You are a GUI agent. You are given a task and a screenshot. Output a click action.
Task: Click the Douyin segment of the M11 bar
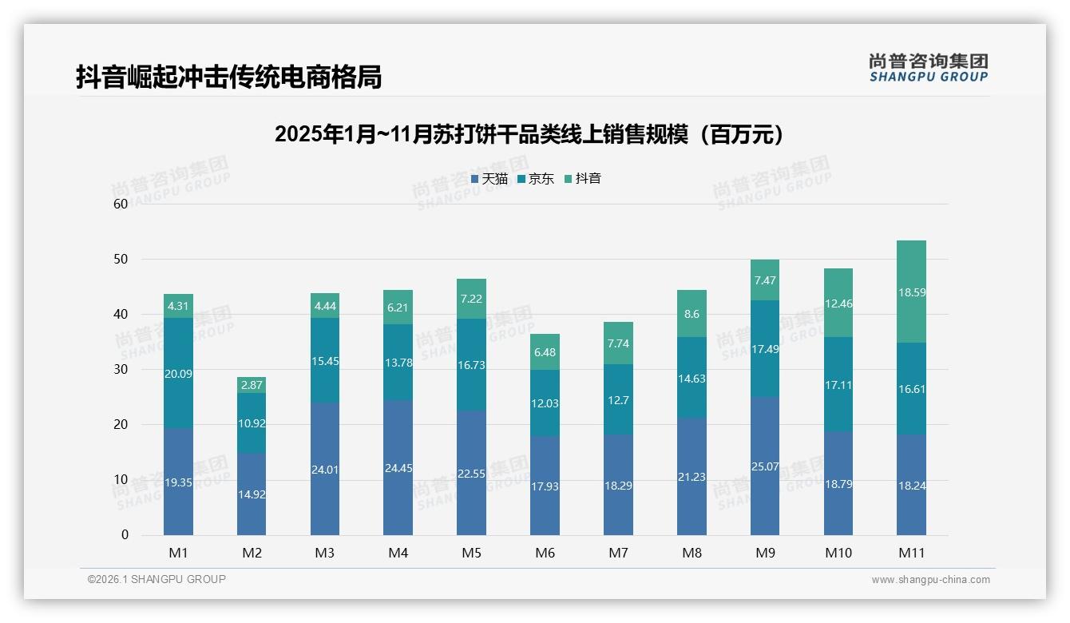(x=911, y=292)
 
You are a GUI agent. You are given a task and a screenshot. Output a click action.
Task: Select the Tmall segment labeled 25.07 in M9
(x=764, y=466)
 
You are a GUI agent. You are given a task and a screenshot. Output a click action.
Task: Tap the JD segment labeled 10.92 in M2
(x=252, y=423)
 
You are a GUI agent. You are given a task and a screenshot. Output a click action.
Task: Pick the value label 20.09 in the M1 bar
(x=178, y=374)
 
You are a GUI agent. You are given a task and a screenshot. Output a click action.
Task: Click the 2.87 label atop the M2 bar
(x=252, y=385)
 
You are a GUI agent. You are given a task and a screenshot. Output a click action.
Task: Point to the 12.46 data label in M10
(x=838, y=304)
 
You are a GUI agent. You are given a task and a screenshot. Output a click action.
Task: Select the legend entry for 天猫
(x=489, y=179)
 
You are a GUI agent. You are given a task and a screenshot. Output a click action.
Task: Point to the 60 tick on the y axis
(x=121, y=204)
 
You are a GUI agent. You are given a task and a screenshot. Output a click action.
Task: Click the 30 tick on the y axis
(x=121, y=369)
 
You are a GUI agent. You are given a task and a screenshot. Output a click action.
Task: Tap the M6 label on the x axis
(x=545, y=553)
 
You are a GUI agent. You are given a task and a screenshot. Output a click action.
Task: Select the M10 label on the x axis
(x=838, y=553)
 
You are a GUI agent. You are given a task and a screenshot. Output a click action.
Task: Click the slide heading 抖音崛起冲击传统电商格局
(x=228, y=77)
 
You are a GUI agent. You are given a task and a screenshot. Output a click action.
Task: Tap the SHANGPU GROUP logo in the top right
(x=928, y=68)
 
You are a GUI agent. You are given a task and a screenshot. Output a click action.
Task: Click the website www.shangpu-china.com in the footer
(x=930, y=580)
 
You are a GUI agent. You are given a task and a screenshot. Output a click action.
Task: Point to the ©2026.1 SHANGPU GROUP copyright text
(x=157, y=579)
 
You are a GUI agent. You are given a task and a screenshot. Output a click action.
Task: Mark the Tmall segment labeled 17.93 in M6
(x=545, y=486)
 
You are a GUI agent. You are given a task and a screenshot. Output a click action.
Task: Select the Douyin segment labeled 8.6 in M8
(x=692, y=314)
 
